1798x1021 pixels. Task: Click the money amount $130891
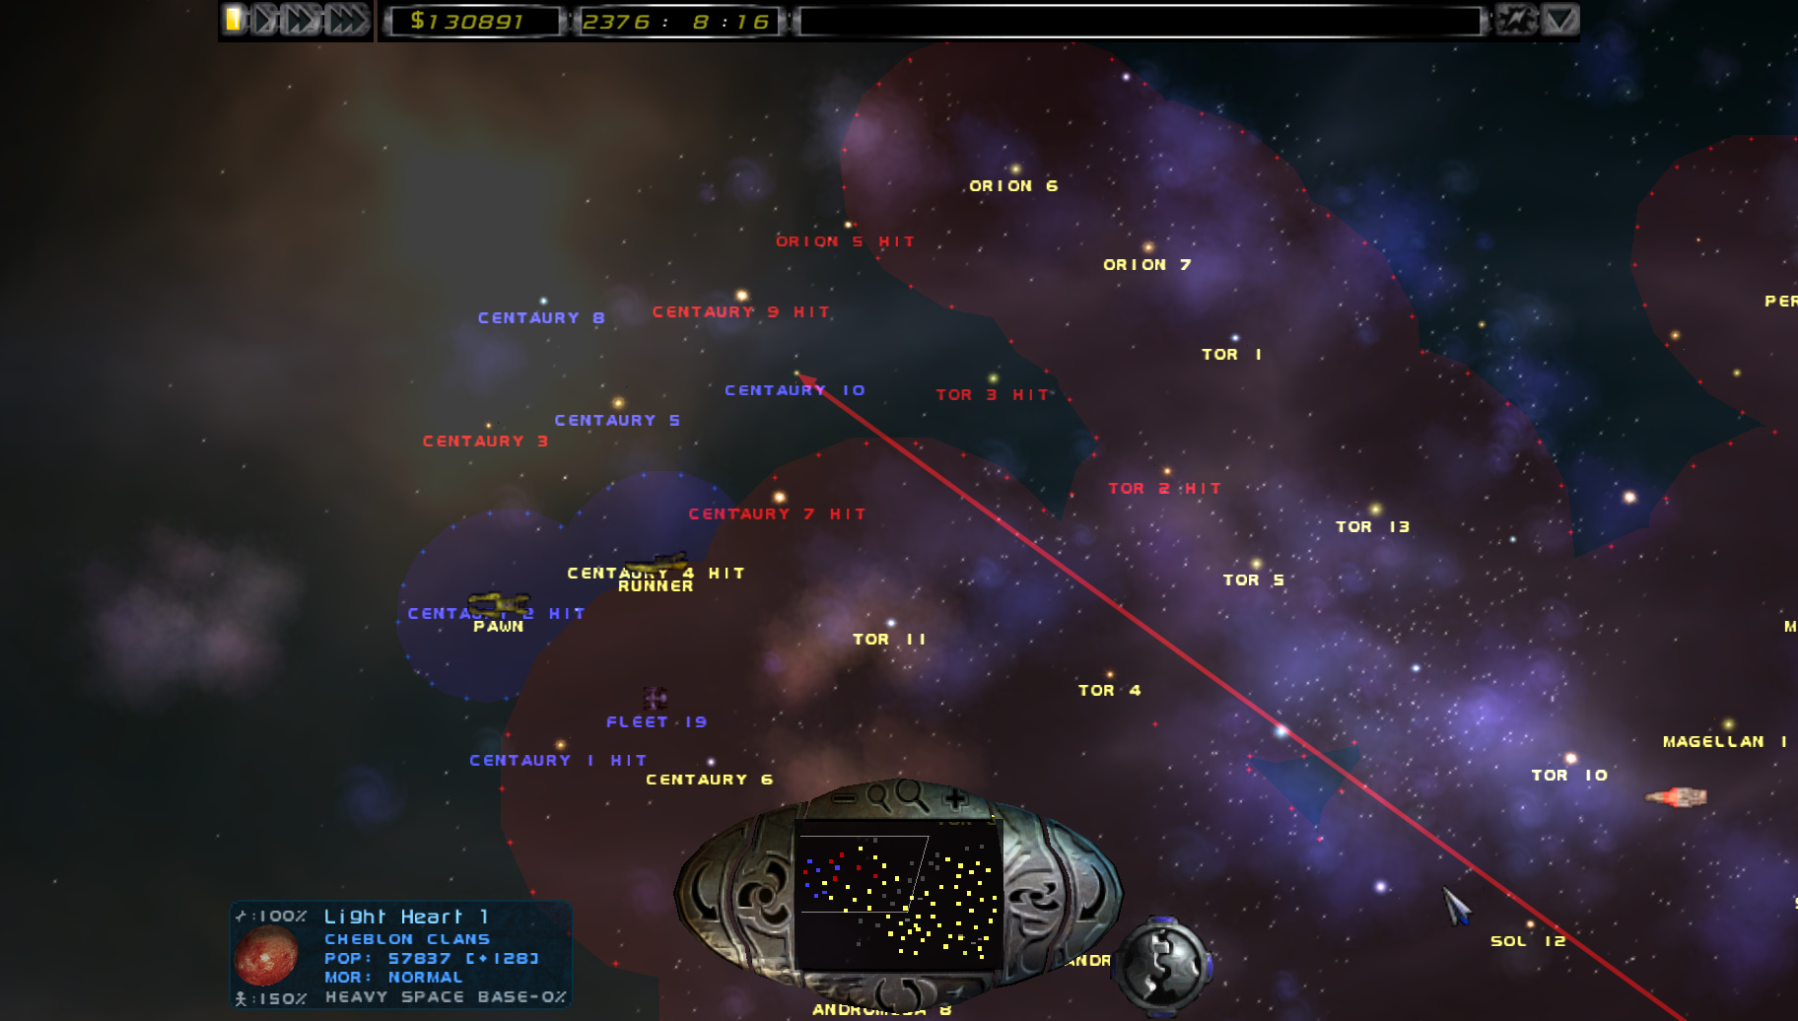(467, 21)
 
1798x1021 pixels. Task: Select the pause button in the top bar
(235, 19)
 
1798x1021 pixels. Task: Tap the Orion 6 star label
(1012, 185)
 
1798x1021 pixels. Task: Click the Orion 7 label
(1146, 264)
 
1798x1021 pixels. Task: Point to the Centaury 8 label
(540, 317)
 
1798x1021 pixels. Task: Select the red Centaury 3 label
(484, 441)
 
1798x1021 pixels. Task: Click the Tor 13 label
(1372, 526)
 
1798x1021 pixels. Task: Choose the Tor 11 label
(888, 639)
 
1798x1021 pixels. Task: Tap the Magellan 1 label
(1724, 741)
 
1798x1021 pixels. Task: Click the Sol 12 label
(1527, 941)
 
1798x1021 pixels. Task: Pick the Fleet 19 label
(656, 721)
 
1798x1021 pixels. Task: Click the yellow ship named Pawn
(498, 603)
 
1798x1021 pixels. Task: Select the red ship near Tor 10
(1677, 796)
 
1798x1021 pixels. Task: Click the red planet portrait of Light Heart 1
(266, 955)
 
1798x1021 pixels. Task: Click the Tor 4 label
(1109, 690)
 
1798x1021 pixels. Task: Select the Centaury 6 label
(709, 779)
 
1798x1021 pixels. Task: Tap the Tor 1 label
(1230, 354)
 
